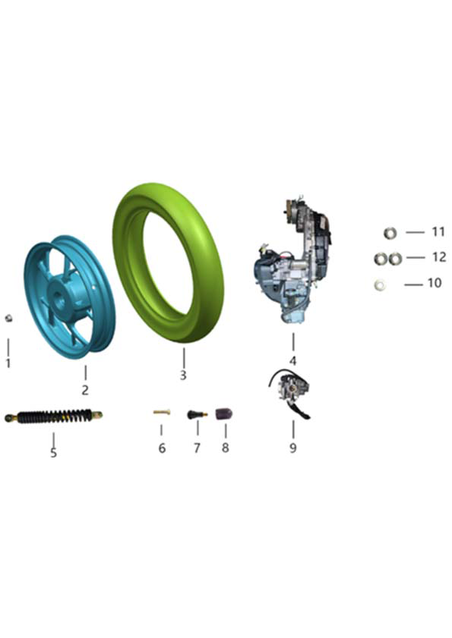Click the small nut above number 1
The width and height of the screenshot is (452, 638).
tap(8, 318)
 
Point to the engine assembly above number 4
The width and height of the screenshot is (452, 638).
tap(292, 260)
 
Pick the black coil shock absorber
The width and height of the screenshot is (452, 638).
tap(54, 416)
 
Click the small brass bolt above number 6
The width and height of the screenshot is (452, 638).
tap(162, 412)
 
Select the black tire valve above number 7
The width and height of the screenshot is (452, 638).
tap(197, 415)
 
